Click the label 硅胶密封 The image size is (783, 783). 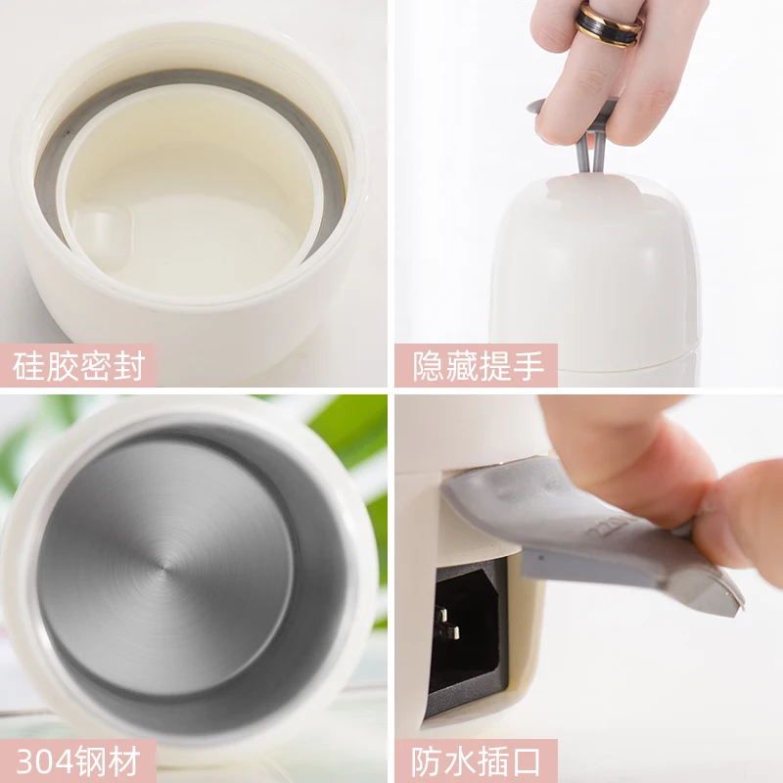point(78,366)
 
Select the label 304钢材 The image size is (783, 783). point(78,761)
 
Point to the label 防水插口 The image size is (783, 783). point(476,761)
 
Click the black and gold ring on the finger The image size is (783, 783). point(608,26)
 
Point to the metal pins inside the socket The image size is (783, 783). point(446,623)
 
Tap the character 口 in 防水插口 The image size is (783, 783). point(526,761)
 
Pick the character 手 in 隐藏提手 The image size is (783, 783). point(528,366)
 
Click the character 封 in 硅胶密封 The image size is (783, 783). point(129,366)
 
